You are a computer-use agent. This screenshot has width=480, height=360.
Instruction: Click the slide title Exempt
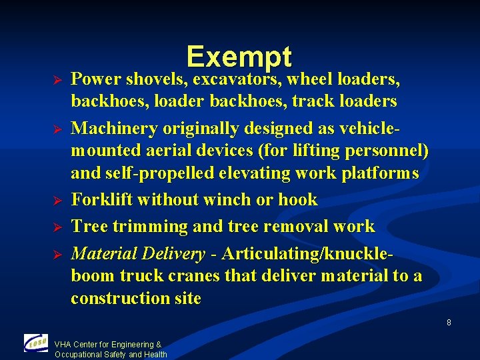(x=239, y=57)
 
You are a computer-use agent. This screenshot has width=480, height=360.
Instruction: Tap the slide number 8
(x=449, y=323)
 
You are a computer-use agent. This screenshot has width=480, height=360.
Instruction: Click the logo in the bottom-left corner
(x=35, y=343)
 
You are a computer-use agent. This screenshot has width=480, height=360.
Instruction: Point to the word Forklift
(x=101, y=200)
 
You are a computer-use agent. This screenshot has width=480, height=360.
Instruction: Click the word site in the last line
(x=187, y=298)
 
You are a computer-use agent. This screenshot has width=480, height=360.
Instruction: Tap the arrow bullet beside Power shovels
(x=57, y=80)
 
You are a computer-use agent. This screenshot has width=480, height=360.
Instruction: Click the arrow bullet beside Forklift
(x=57, y=200)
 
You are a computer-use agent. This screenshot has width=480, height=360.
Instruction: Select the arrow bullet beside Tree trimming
(x=57, y=227)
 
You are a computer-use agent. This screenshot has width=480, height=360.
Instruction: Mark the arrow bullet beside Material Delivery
(x=57, y=254)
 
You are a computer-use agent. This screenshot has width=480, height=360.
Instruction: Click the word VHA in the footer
(x=63, y=345)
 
